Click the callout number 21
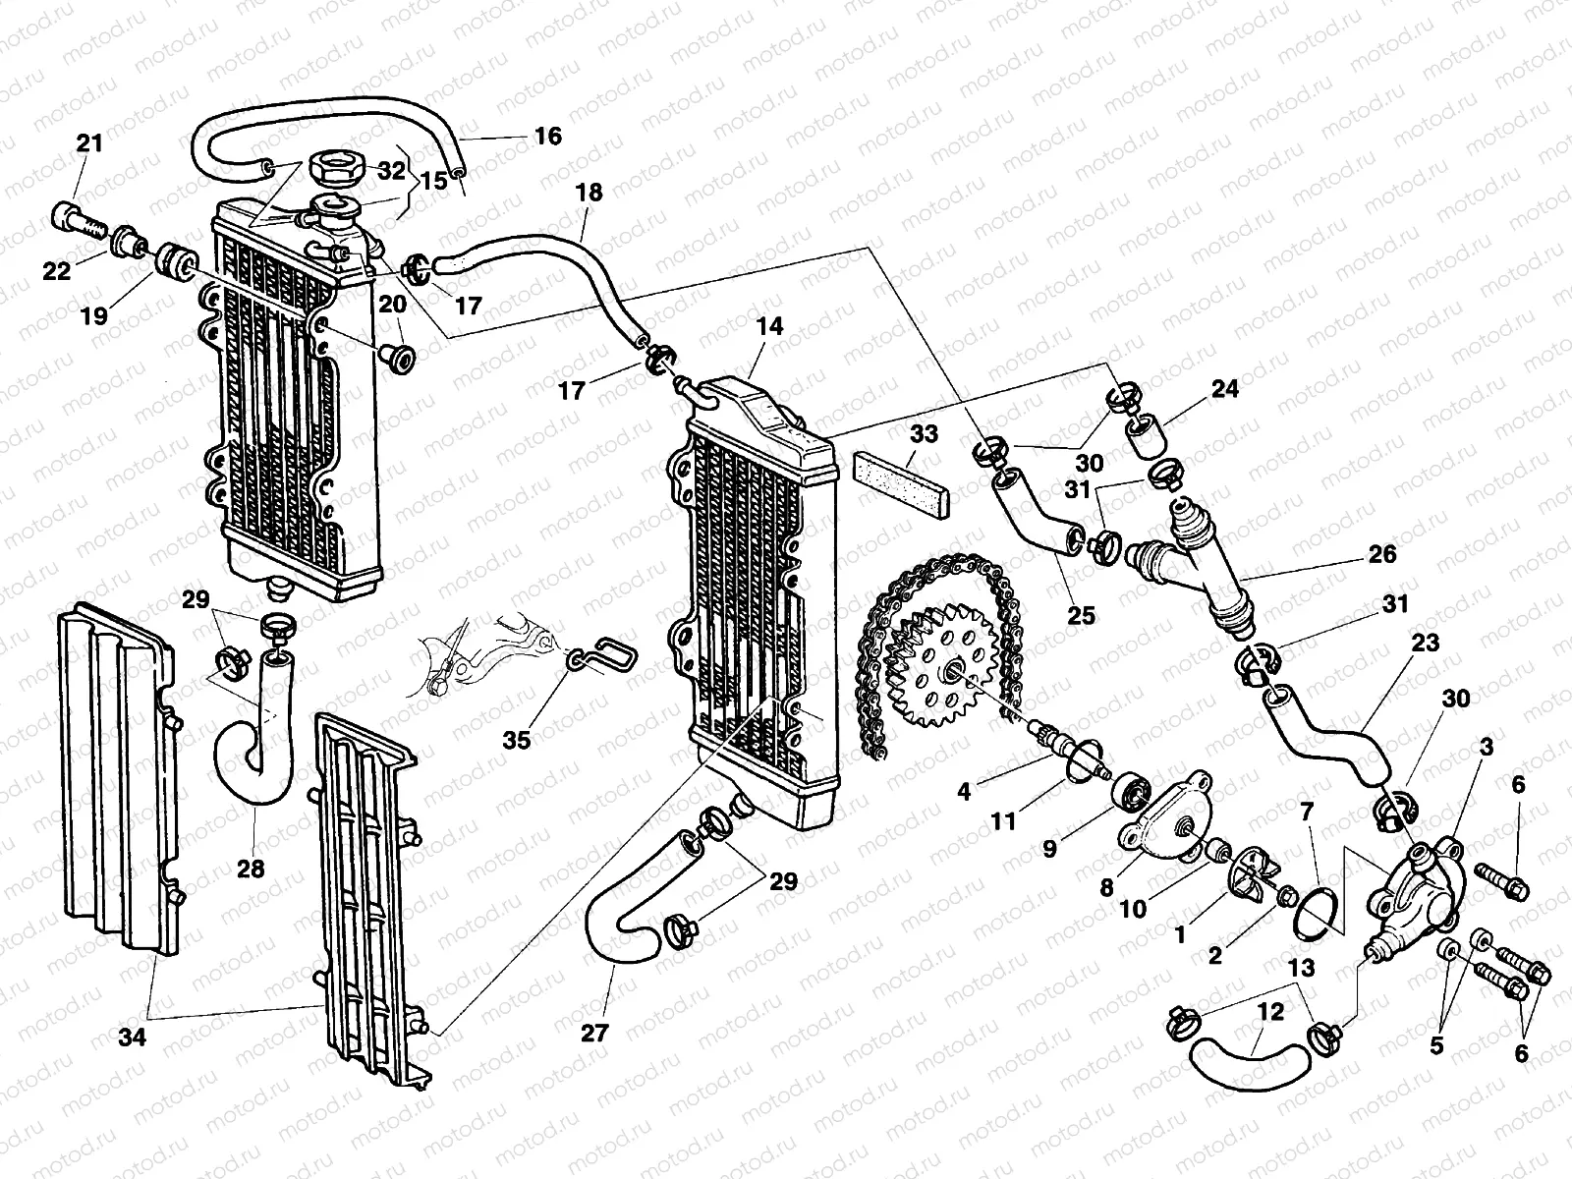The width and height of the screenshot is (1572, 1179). point(89,143)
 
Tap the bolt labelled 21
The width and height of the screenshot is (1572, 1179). point(78,220)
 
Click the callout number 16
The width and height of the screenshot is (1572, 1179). point(548,136)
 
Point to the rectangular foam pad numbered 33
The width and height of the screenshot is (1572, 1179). point(901,484)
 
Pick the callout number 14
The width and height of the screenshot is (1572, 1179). point(770,326)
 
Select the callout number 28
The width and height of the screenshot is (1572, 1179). point(251,870)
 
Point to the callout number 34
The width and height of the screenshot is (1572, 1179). point(133,1037)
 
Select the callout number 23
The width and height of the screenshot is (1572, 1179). point(1426,643)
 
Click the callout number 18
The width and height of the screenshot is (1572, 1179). point(589,192)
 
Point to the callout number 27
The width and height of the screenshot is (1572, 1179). point(594,1033)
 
